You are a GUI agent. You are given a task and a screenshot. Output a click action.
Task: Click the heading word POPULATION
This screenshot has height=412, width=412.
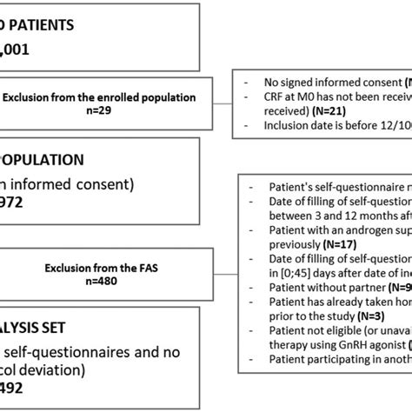[x=43, y=160]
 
